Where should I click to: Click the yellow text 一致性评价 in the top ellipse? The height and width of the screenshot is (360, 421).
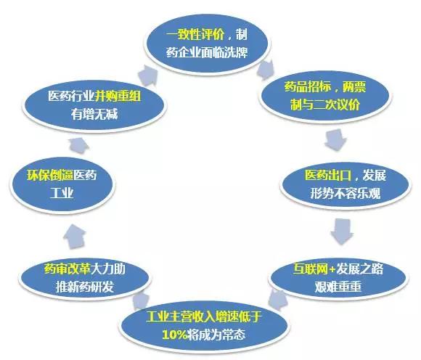tap(195, 35)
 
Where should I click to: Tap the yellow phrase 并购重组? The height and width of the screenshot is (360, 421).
tap(118, 96)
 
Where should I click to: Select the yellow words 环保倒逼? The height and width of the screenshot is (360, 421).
tap(50, 176)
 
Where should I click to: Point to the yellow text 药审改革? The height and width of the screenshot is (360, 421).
tap(68, 269)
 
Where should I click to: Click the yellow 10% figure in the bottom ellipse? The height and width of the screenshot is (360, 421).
tap(174, 335)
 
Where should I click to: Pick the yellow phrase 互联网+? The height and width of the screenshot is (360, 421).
tap(314, 269)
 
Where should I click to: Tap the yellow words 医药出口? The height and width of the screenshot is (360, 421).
tap(328, 176)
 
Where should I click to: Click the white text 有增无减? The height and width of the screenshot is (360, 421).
tap(94, 114)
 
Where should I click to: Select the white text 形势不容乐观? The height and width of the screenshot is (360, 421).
tap(346, 193)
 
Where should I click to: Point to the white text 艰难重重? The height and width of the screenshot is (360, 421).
tap(338, 287)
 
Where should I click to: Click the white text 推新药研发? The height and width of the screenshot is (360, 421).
tap(85, 287)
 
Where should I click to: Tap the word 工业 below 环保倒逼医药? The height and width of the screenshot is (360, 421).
tap(62, 193)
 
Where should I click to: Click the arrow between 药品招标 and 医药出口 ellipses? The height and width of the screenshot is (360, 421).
tap(335, 140)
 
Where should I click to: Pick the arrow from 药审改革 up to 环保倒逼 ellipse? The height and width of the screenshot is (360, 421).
tap(75, 237)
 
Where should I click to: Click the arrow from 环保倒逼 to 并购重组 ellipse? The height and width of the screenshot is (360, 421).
tap(78, 146)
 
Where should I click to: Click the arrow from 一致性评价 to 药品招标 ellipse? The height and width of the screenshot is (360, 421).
tap(265, 70)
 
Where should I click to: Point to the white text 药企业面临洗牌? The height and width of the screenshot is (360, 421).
tap(207, 52)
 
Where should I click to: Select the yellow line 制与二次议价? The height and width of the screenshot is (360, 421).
tap(325, 105)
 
